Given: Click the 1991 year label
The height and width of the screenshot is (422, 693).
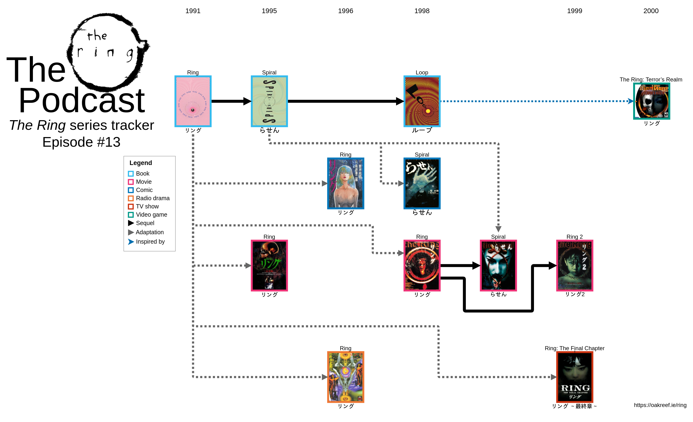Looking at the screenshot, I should click(193, 11).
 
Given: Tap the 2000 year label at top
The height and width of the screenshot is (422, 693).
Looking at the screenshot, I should click(650, 11).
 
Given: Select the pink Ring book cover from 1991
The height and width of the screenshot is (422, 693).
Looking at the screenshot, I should click(193, 101).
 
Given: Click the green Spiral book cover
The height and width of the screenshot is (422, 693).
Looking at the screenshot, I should click(269, 101).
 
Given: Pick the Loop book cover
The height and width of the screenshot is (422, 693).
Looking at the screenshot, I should click(422, 101).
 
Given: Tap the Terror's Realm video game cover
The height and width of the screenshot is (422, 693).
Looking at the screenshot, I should click(651, 101).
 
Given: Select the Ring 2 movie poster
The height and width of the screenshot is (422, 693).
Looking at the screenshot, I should click(575, 265).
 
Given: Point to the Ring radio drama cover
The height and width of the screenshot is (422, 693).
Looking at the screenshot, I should click(345, 377).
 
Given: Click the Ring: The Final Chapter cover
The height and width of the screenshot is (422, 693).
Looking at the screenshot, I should click(575, 377).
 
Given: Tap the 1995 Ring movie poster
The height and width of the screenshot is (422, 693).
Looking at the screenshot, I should click(269, 265).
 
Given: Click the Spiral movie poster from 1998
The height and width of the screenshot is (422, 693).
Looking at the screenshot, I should click(498, 265).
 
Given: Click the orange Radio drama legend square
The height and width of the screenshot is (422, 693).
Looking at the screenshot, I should click(131, 198).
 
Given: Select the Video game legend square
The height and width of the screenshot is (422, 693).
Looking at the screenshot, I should click(131, 215).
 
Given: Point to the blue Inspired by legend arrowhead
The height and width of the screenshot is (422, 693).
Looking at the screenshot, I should click(131, 242).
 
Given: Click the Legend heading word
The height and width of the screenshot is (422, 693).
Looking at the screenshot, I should click(141, 163).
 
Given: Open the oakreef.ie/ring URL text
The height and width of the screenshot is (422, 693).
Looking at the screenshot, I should click(660, 405).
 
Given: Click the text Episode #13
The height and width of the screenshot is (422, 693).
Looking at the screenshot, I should click(81, 142).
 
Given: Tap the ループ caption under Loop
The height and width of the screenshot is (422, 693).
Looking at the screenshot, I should click(422, 130).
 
